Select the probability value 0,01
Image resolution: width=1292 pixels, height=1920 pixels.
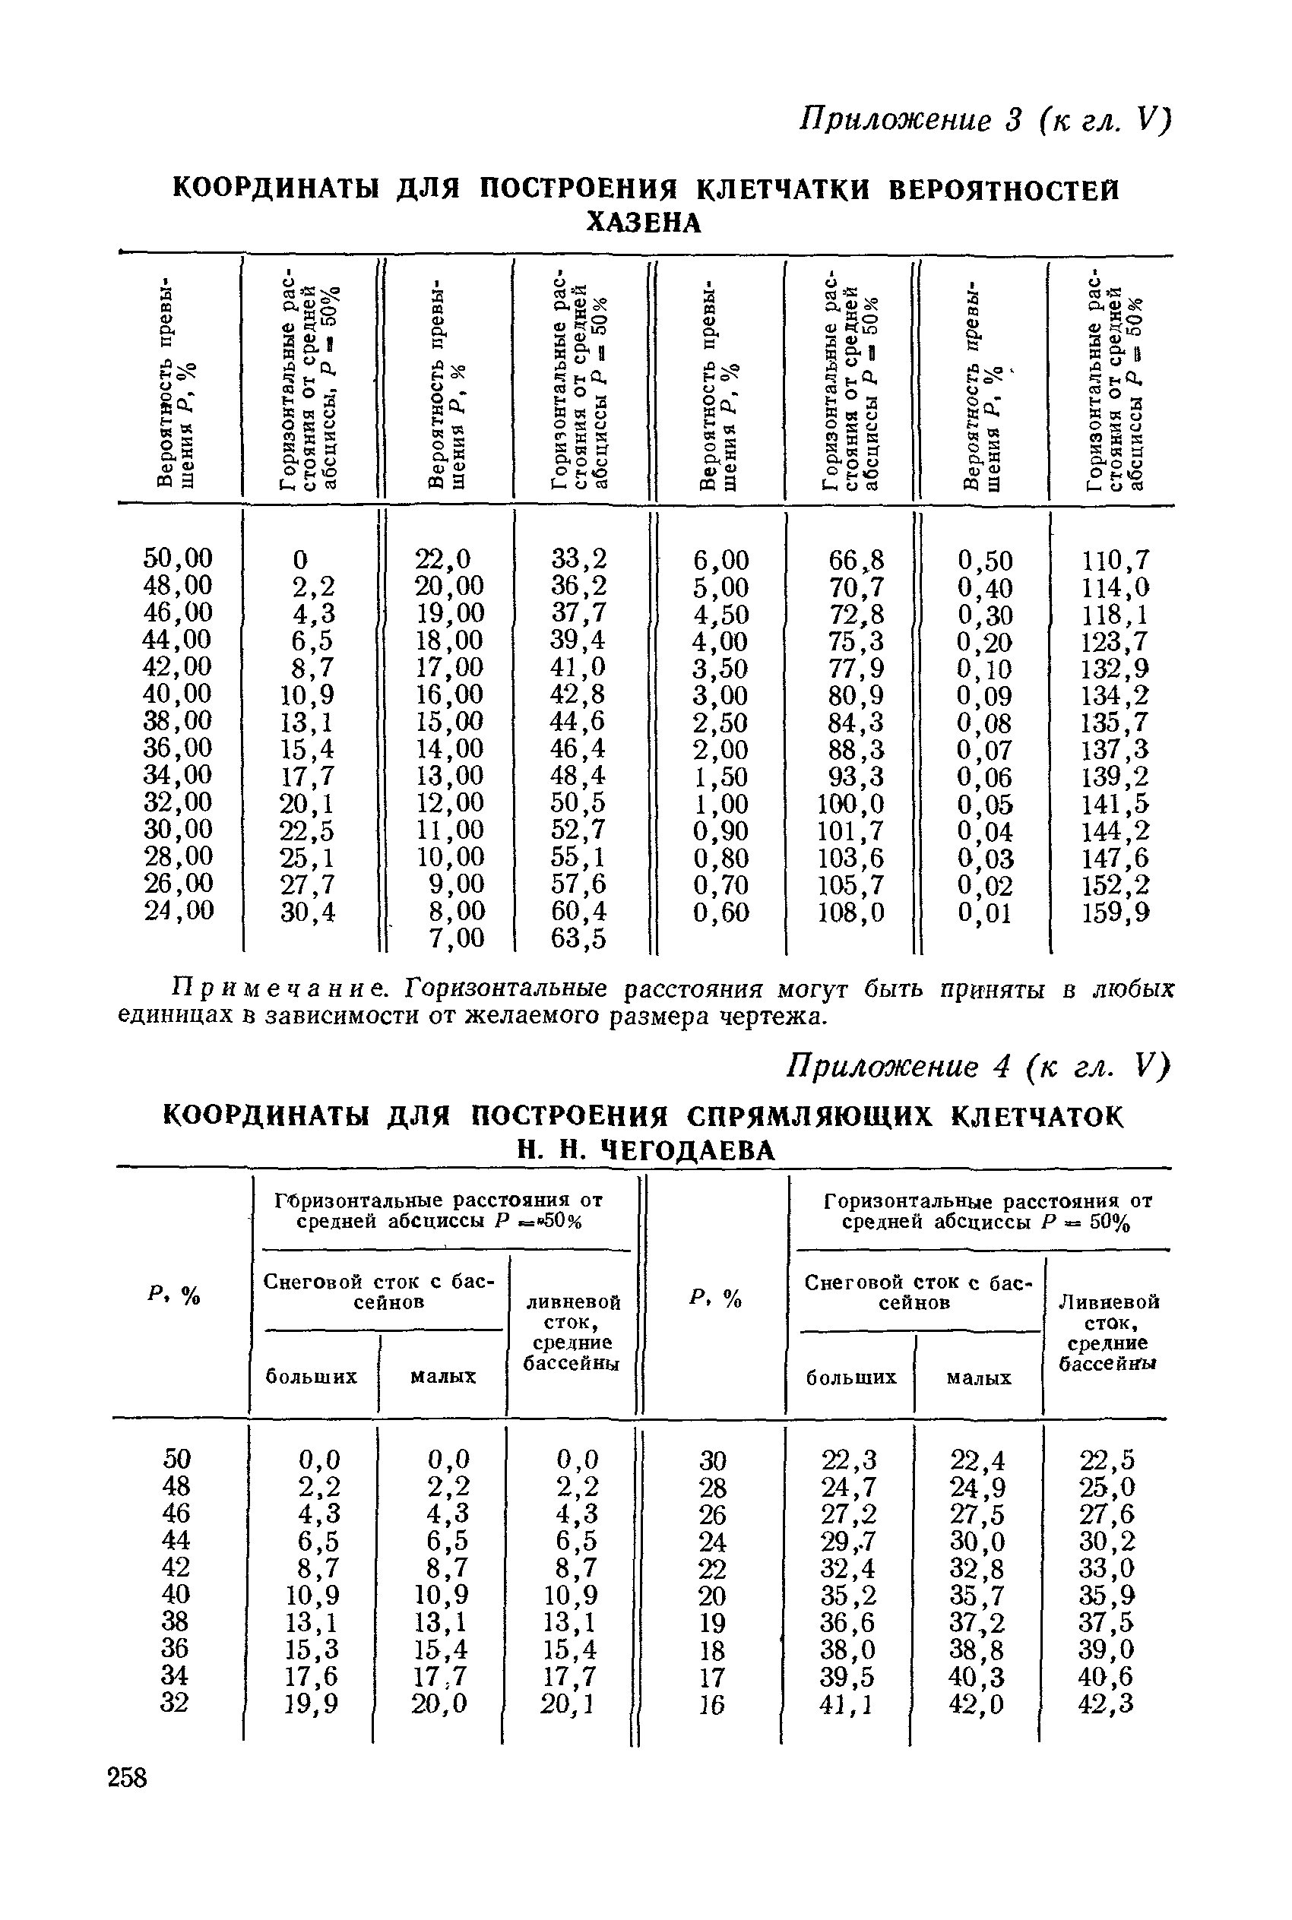pyautogui.click(x=985, y=913)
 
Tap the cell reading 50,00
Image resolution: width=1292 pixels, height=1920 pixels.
pyautogui.click(x=178, y=558)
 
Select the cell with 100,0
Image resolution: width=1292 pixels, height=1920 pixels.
pyautogui.click(x=850, y=804)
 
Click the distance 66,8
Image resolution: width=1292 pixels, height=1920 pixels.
pyautogui.click(x=856, y=560)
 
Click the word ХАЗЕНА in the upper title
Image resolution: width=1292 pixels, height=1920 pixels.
pyautogui.click(x=644, y=223)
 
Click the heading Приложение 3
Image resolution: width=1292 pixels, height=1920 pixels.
pyautogui.click(x=912, y=120)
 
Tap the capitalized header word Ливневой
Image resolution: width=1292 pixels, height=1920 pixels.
pyautogui.click(x=1108, y=1302)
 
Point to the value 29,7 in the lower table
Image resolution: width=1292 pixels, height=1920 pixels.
pyautogui.click(x=850, y=1540)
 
